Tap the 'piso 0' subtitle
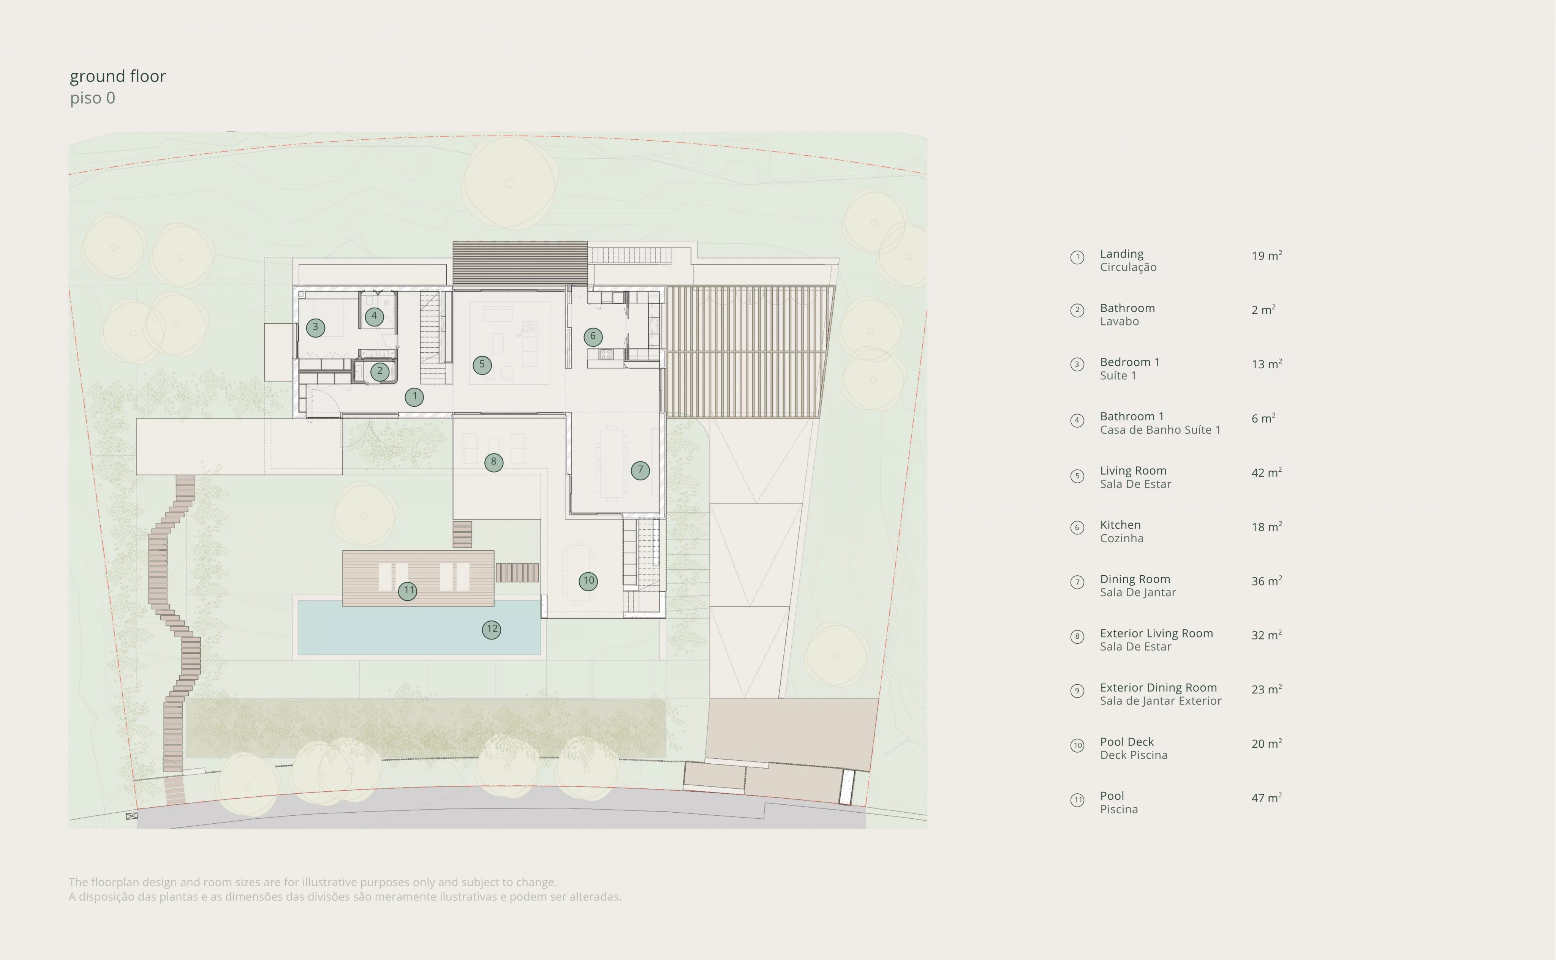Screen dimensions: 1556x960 tap(93, 98)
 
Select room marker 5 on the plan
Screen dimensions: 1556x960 tap(482, 365)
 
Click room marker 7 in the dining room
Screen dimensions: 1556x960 tap(640, 471)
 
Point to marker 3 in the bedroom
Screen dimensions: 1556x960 tap(316, 328)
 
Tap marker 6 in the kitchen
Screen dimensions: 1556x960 tap(593, 336)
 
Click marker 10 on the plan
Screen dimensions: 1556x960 tap(588, 581)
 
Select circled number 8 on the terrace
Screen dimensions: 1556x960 tap(493, 462)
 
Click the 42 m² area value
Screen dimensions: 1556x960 tap(1267, 472)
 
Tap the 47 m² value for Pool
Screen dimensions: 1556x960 tap(1267, 797)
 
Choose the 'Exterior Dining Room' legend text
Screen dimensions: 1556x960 tap(1158, 688)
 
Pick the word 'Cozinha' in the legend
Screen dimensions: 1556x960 tap(1121, 538)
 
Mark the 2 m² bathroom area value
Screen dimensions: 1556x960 tap(1263, 310)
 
